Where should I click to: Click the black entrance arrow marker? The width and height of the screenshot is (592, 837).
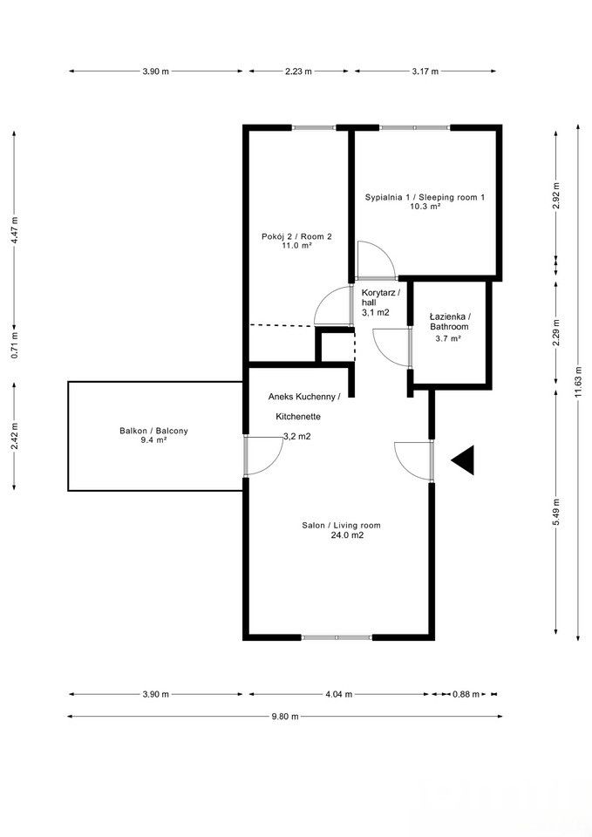(464, 460)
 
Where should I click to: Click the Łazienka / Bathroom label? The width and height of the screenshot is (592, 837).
(450, 321)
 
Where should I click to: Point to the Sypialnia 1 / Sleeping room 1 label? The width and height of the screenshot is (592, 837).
(425, 198)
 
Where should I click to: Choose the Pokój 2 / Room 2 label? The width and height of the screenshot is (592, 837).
(296, 236)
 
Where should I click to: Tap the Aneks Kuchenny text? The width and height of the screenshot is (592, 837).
(305, 396)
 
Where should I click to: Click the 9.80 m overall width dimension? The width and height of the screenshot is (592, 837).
(284, 716)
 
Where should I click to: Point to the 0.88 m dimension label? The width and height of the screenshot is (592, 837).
(466, 694)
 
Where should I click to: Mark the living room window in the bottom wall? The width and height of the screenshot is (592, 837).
(337, 637)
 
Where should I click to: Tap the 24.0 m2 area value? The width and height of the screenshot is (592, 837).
(347, 536)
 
